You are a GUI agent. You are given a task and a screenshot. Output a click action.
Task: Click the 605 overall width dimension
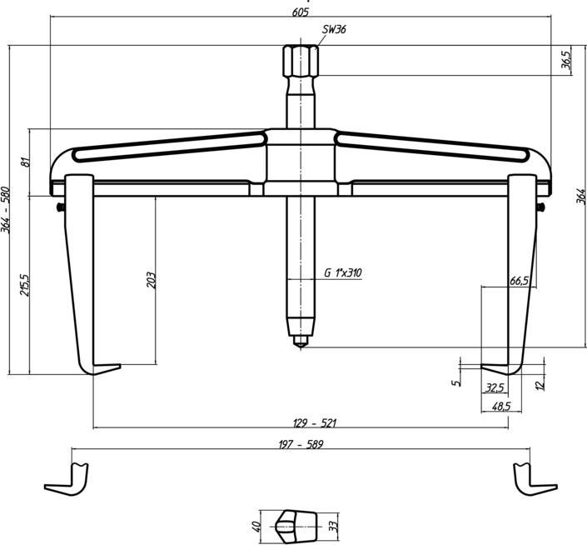pyautogui.click(x=301, y=12)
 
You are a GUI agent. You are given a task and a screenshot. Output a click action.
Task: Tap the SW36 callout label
pyautogui.click(x=335, y=29)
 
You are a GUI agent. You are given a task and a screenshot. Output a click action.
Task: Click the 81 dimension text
pyautogui.click(x=26, y=162)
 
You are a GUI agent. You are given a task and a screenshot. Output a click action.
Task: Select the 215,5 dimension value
pyautogui.click(x=26, y=284)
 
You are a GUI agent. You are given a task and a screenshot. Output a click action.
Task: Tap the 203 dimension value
pyautogui.click(x=151, y=280)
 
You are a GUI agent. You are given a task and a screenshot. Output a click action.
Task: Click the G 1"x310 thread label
pyautogui.click(x=343, y=272)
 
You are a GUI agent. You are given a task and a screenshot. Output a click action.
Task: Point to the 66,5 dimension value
pyautogui.click(x=518, y=282)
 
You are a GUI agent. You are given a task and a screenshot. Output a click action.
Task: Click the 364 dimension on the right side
pyautogui.click(x=580, y=197)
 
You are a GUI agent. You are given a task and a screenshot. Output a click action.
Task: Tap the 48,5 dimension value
pyautogui.click(x=500, y=406)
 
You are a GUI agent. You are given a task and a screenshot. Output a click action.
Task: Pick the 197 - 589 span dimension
pyautogui.click(x=300, y=445)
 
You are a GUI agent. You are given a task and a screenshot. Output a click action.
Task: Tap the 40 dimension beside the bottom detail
pyautogui.click(x=256, y=526)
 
